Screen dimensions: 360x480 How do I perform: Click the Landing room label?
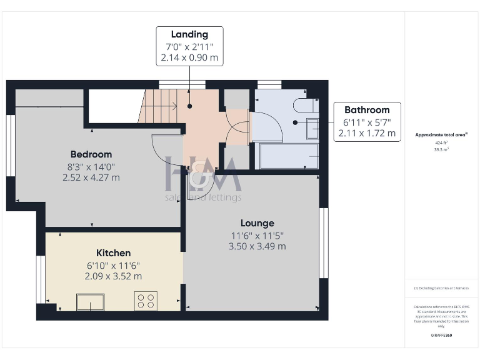coord(189,34)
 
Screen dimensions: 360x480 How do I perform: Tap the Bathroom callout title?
coord(367,110)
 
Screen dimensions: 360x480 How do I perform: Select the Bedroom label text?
coord(91,154)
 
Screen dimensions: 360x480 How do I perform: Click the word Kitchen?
coord(113,253)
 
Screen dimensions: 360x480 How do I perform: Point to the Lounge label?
coord(257,223)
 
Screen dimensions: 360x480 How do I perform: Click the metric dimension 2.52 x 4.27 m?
coord(91,177)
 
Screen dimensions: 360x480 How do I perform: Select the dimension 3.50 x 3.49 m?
coord(257,246)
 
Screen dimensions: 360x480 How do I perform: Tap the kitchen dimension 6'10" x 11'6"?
coord(113,265)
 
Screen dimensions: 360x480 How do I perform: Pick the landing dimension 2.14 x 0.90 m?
coord(189,57)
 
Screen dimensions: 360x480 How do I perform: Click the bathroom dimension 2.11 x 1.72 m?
coord(367,133)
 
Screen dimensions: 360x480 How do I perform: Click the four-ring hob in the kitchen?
coord(146,301)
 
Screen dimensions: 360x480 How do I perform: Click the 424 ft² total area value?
coord(442,142)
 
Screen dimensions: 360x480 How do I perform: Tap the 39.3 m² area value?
coord(442,150)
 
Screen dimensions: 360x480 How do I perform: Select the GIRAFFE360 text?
coord(442,336)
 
